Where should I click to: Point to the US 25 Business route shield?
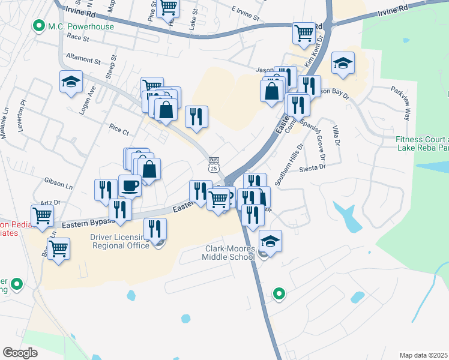point(213,164)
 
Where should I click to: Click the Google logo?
point(20,353)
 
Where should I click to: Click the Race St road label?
point(78,38)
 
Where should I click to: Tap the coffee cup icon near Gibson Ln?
point(130,186)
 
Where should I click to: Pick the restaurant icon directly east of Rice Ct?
point(196,117)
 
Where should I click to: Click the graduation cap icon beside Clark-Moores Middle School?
point(271,242)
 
